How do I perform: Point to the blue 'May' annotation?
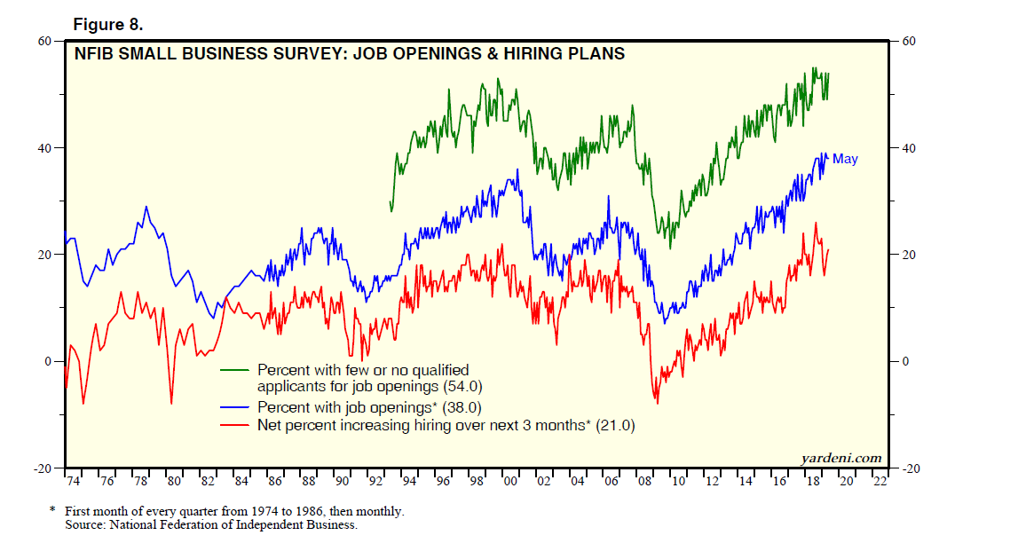pyautogui.click(x=845, y=160)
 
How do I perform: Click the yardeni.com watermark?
pyautogui.click(x=841, y=458)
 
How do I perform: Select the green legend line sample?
pyautogui.click(x=234, y=370)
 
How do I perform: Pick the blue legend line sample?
pyautogui.click(x=234, y=408)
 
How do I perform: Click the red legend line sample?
pyautogui.click(x=234, y=426)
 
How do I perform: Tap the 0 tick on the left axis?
pyautogui.click(x=50, y=361)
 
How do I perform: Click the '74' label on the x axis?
pyautogui.click(x=73, y=481)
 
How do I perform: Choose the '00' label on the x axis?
pyautogui.click(x=509, y=481)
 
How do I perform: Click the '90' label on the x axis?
pyautogui.click(x=342, y=481)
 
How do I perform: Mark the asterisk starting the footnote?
pyautogui.click(x=52, y=511)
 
